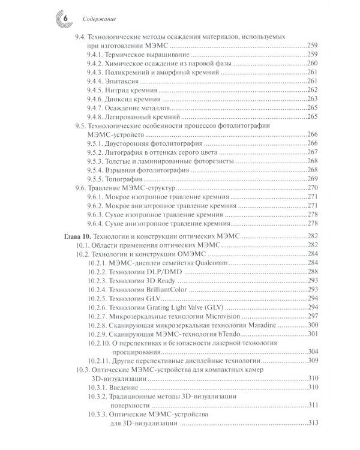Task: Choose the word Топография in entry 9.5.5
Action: (128, 179)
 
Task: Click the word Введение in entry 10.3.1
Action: (126, 387)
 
